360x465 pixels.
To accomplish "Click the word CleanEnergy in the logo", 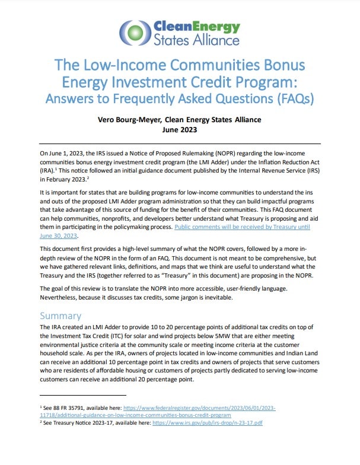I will pyautogui.click(x=196, y=27).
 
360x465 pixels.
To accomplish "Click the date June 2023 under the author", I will pyautogui.click(x=179, y=130).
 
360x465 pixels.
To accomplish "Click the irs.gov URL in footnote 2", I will pyautogui.click(x=216, y=423).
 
